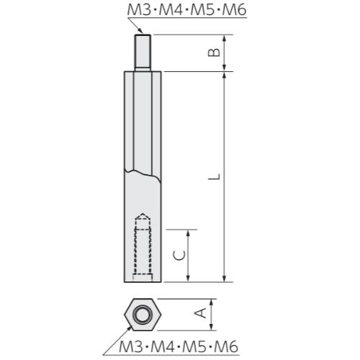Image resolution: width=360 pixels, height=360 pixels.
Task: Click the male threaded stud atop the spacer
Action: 142,51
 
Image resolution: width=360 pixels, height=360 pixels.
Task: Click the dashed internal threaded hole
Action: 143,248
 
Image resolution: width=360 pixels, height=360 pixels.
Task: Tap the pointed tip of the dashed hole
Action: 143,214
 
